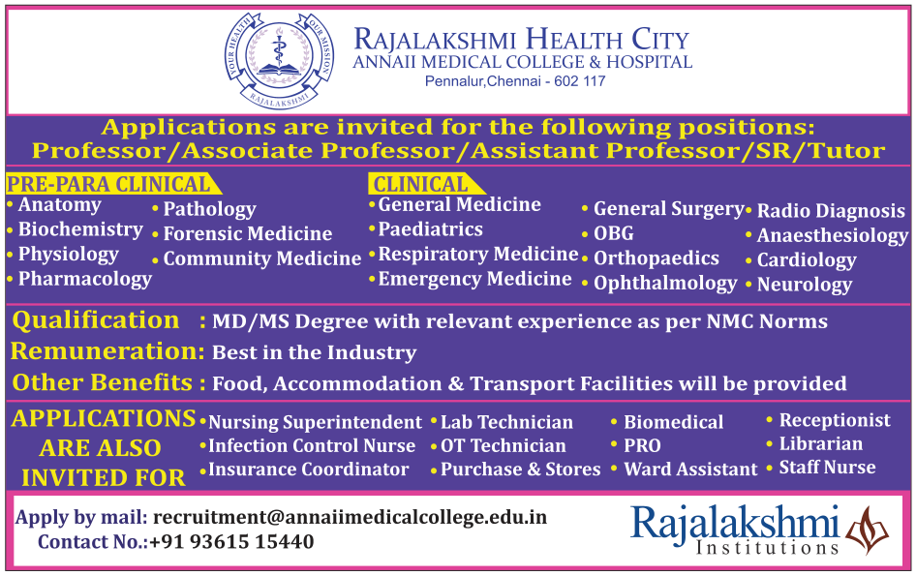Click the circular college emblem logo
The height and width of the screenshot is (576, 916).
(x=280, y=61)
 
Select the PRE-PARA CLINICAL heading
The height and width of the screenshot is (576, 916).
(x=108, y=184)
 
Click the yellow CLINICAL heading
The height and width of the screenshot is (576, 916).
(x=420, y=184)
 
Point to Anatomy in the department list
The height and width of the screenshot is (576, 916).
(x=60, y=205)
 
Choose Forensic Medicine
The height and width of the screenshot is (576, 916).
(x=248, y=233)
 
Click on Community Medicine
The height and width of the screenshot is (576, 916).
(x=262, y=258)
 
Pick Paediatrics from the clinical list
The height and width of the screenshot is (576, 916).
(x=431, y=229)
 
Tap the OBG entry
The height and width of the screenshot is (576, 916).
(x=613, y=233)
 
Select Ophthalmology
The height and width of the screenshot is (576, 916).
(x=665, y=284)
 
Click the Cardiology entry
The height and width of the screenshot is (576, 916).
(x=807, y=260)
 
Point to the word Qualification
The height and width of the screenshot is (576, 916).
(x=96, y=320)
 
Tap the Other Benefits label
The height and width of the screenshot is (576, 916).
(x=103, y=382)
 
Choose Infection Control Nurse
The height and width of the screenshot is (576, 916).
(x=312, y=445)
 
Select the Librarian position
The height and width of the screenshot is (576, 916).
(x=821, y=444)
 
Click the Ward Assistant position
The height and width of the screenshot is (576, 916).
(x=690, y=470)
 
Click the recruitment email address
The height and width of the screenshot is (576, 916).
(x=350, y=517)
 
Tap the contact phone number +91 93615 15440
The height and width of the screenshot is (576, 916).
(x=231, y=541)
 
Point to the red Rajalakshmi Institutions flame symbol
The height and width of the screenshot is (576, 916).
(x=867, y=530)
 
